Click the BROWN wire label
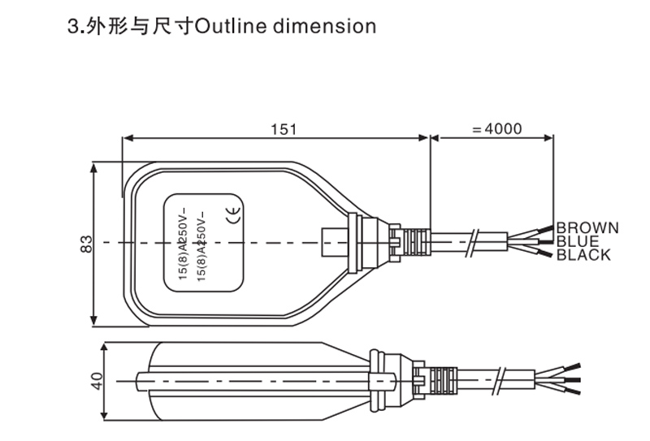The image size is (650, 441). (x=587, y=227)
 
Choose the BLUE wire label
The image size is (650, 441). (x=577, y=241)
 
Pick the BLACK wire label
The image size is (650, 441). (x=583, y=255)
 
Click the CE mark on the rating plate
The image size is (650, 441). (x=228, y=216)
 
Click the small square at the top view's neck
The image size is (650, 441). (x=333, y=241)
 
